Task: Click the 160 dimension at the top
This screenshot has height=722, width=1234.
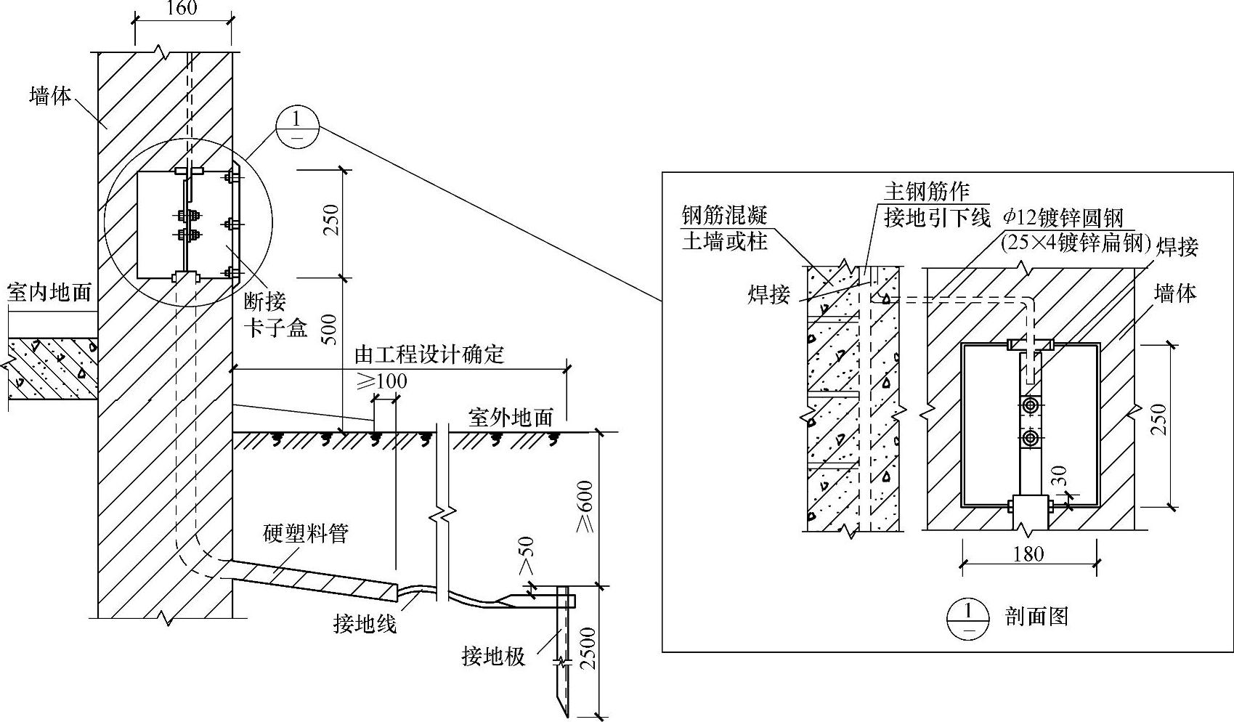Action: (x=182, y=9)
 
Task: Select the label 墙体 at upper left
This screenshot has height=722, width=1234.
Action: (x=50, y=95)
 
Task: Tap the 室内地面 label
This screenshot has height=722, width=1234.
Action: (x=49, y=292)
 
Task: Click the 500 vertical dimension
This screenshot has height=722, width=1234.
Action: (x=329, y=333)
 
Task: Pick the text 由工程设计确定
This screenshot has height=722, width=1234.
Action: (x=429, y=354)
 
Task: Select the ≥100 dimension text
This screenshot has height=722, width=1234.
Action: (x=381, y=381)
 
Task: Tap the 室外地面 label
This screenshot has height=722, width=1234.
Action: (x=511, y=417)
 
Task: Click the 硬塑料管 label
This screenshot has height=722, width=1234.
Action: (x=306, y=534)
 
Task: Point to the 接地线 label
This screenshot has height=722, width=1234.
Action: (x=365, y=622)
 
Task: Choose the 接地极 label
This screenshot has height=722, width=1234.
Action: (x=493, y=657)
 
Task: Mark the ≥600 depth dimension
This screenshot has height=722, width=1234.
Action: (x=585, y=506)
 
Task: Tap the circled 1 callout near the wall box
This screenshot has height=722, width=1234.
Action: (x=297, y=127)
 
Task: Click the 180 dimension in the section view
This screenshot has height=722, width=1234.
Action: (x=1028, y=554)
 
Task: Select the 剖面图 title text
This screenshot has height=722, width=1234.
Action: (x=1036, y=617)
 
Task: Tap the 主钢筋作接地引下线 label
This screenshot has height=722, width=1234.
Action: (x=937, y=204)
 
